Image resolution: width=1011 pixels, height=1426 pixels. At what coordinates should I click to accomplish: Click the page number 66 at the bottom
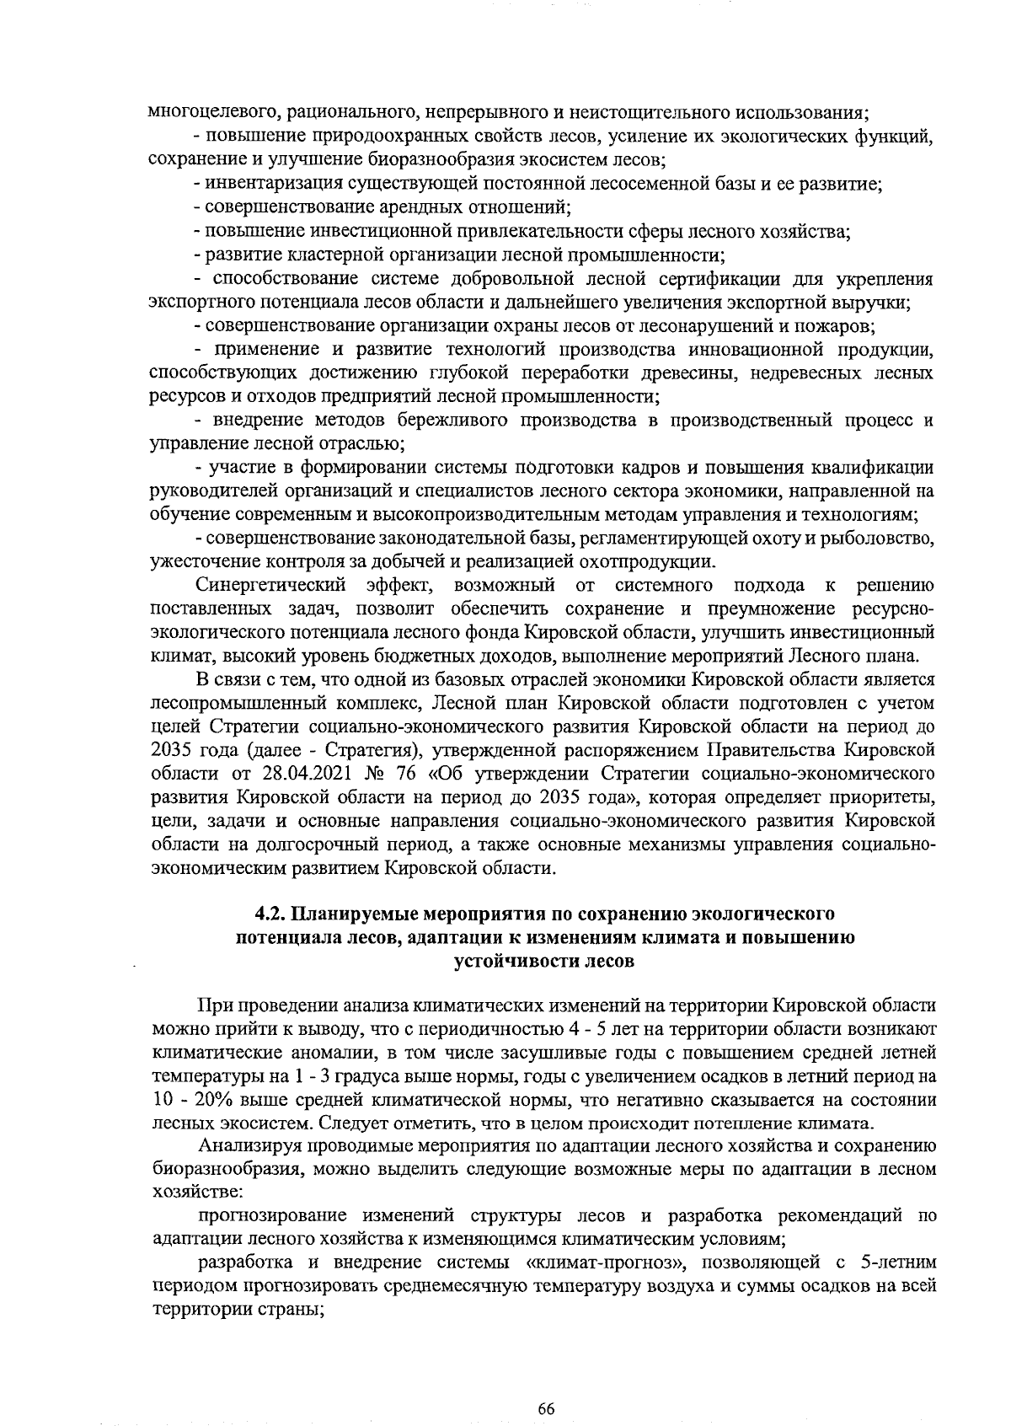(546, 1385)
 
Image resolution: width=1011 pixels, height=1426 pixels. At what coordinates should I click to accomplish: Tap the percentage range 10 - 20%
(192, 1101)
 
